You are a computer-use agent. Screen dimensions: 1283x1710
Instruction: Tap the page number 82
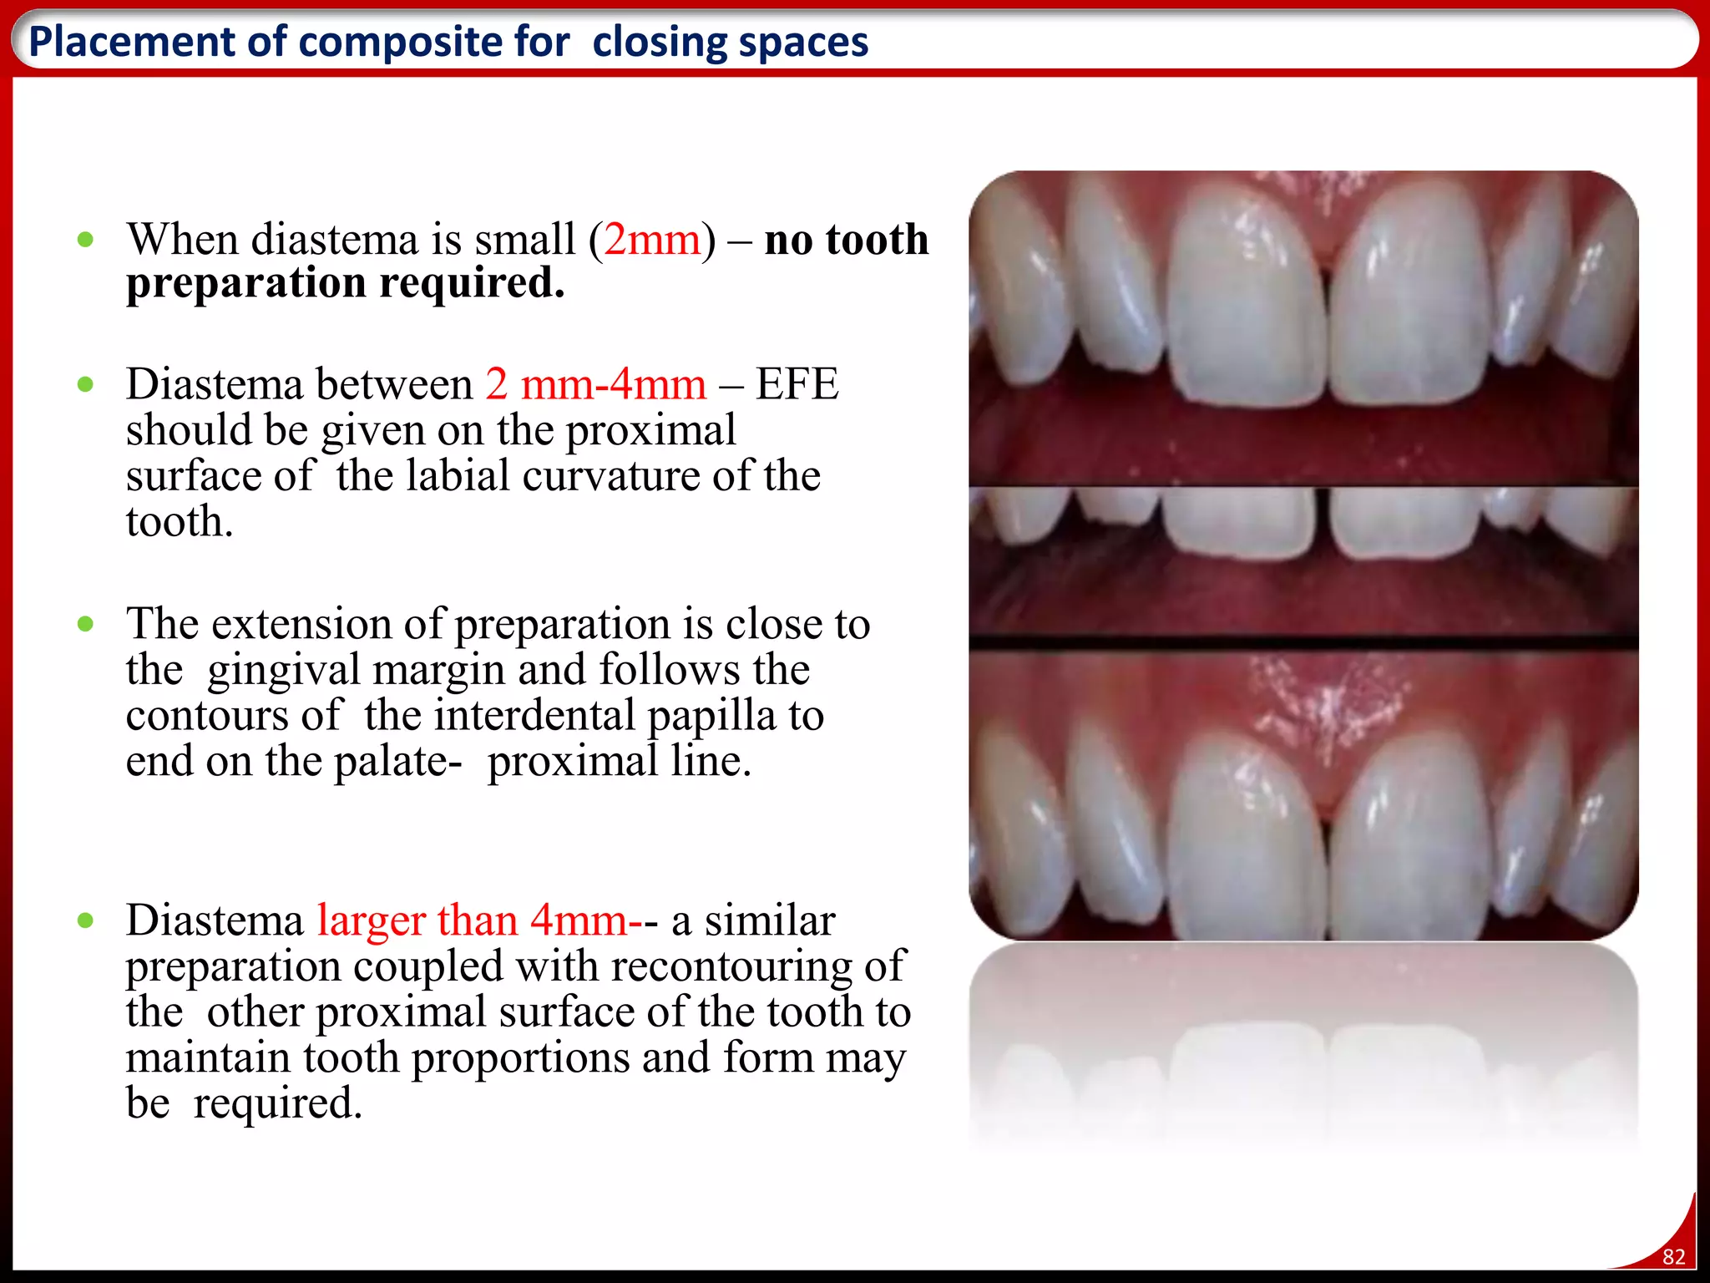coord(1673,1257)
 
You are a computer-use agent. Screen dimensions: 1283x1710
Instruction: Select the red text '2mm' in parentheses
coord(651,240)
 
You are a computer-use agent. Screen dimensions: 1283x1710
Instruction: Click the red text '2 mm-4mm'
coord(595,384)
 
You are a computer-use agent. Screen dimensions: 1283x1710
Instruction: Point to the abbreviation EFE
coord(797,384)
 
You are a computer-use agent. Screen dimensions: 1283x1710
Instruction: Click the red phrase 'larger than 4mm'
coord(472,920)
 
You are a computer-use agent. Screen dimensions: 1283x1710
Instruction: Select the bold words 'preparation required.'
coord(346,282)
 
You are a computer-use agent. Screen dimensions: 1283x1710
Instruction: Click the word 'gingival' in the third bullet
coord(284,670)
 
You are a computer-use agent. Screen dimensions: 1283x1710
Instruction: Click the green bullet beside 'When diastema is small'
coord(85,241)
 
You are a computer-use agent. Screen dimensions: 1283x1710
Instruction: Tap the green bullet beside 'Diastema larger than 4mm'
coord(85,921)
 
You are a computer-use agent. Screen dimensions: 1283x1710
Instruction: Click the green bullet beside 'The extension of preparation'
coord(85,624)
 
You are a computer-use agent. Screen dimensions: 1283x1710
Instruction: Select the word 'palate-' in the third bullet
coord(397,762)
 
